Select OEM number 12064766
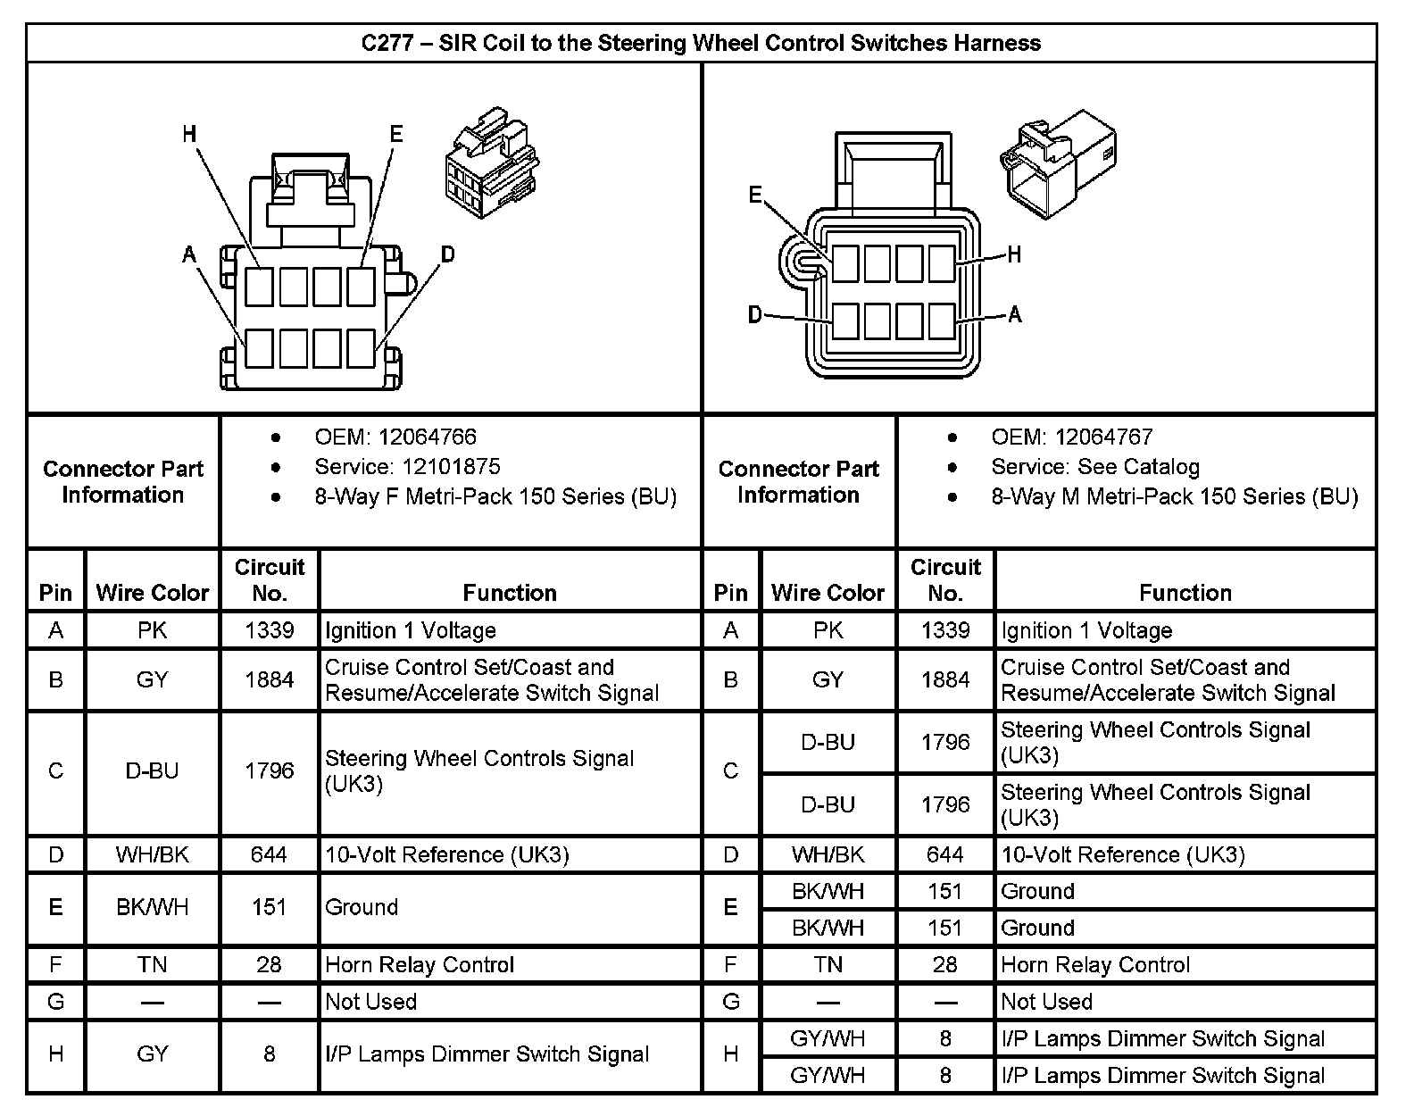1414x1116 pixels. click(x=427, y=437)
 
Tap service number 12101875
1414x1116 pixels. click(x=451, y=466)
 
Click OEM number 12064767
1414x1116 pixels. click(x=1103, y=437)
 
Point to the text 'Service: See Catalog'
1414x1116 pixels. click(x=1094, y=466)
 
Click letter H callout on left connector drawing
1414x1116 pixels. click(x=189, y=135)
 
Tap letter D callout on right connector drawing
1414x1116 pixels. click(x=755, y=314)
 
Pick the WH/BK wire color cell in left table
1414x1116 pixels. click(x=152, y=854)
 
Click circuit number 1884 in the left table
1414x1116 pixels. click(x=269, y=679)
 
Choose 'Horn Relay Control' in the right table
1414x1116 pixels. click(x=1095, y=964)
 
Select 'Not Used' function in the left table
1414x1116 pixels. click(x=370, y=1001)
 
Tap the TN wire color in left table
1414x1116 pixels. click(x=152, y=964)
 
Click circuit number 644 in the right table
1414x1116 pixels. click(x=944, y=854)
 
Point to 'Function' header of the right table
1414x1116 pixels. click(x=1185, y=592)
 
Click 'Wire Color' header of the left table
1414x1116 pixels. click(x=152, y=592)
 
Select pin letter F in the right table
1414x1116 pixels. click(x=730, y=964)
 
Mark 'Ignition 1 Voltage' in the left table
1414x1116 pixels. click(x=410, y=630)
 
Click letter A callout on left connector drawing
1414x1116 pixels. click(x=189, y=255)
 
